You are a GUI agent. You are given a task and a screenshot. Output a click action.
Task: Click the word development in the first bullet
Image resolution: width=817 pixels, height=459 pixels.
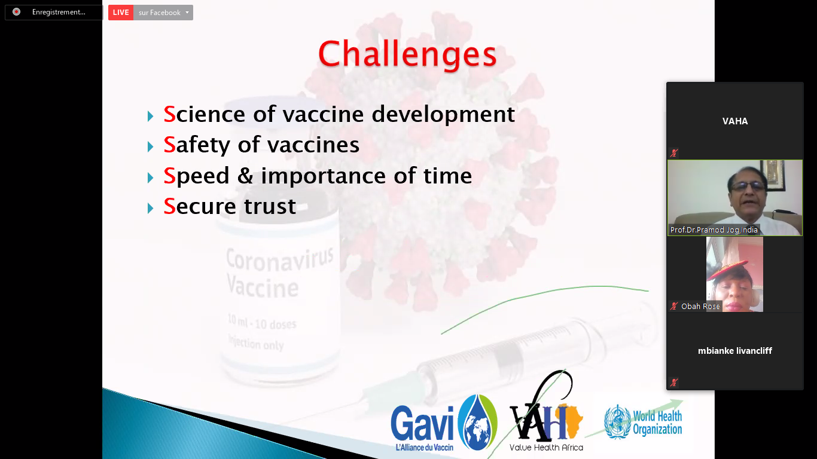coord(443,115)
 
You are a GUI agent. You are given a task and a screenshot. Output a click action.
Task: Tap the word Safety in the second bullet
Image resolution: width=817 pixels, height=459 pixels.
coord(197,145)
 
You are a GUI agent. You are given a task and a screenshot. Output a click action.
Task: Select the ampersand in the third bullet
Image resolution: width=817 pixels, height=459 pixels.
coord(245,175)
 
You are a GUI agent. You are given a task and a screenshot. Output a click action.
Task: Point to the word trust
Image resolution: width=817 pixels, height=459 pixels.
coord(270,206)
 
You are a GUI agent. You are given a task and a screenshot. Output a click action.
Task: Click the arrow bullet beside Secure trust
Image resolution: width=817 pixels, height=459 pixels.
coord(150,208)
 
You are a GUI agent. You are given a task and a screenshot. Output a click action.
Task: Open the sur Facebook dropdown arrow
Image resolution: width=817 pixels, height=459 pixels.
coord(187,13)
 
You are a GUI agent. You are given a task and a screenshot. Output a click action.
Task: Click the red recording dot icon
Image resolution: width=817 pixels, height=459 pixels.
coord(16,12)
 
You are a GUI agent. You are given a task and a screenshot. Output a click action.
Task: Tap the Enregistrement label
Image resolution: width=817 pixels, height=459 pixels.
coord(59,12)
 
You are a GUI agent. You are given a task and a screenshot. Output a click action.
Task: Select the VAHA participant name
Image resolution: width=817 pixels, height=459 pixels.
coord(735,121)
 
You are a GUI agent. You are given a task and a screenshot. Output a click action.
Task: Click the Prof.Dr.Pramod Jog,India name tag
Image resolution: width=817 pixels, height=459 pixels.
coord(714,229)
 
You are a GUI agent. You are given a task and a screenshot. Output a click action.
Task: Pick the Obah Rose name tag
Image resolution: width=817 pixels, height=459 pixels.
coord(700,306)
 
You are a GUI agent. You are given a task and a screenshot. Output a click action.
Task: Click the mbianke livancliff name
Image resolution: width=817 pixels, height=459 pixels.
coord(735,351)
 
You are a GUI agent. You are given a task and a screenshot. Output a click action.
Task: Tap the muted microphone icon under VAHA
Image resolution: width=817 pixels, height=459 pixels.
coord(673,153)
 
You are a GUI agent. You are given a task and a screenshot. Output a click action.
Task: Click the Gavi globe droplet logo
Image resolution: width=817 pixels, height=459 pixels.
coord(477,422)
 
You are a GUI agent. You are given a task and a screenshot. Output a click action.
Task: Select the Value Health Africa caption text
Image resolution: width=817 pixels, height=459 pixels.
coord(546,447)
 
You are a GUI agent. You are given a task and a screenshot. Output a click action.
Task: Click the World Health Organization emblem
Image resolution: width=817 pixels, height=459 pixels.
coord(617,421)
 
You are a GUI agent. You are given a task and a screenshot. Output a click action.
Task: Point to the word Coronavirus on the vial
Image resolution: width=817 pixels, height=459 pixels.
coord(279,259)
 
